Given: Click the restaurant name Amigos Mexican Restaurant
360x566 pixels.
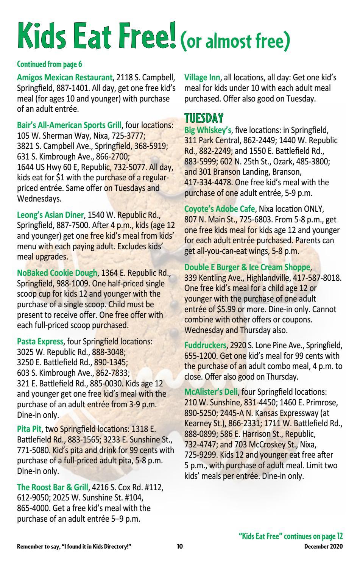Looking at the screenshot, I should (x=65, y=78).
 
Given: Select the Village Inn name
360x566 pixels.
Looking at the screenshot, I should (x=202, y=78).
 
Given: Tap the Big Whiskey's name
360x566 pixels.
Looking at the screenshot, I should (x=207, y=130).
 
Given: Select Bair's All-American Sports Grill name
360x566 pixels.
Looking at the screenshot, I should (x=70, y=125).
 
